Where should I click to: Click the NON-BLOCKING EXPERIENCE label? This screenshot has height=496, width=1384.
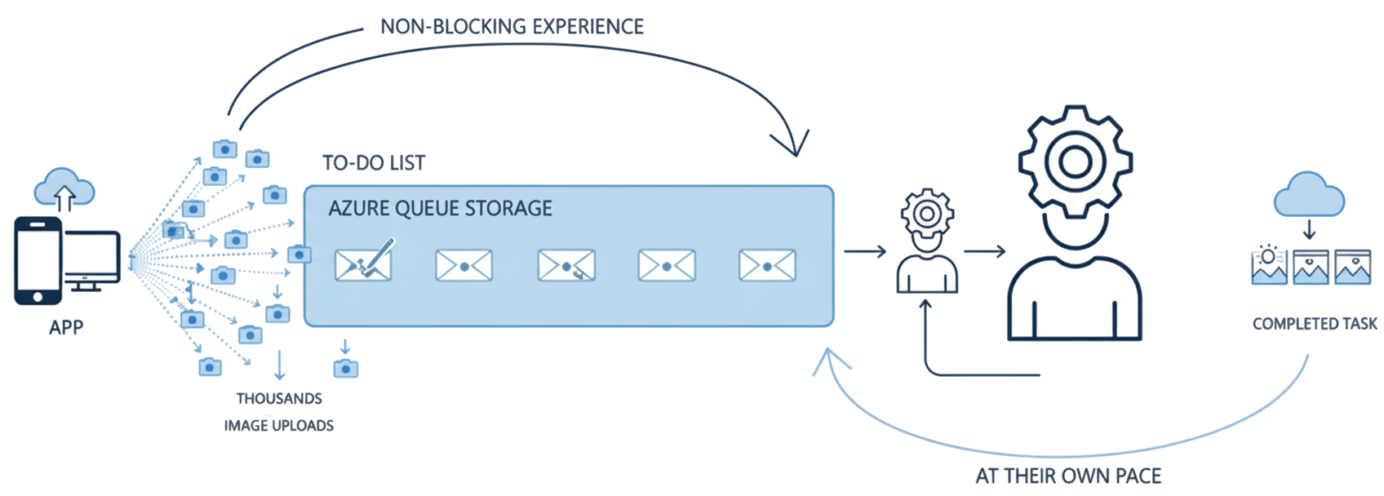pyautogui.click(x=512, y=27)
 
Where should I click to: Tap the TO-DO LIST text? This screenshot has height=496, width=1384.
pyautogui.click(x=374, y=163)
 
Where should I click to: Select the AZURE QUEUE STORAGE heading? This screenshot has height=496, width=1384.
pyautogui.click(x=440, y=209)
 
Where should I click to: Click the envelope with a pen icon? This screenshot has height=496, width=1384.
pyautogui.click(x=364, y=263)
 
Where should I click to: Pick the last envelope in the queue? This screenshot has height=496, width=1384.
pyautogui.click(x=767, y=266)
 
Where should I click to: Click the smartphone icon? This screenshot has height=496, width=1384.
pyautogui.click(x=38, y=260)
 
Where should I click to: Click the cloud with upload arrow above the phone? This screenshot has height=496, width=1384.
pyautogui.click(x=64, y=189)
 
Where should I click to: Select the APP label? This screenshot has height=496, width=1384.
pyautogui.click(x=66, y=328)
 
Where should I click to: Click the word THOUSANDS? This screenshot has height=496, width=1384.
pyautogui.click(x=279, y=399)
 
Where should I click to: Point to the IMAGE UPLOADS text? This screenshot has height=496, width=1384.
pyautogui.click(x=279, y=426)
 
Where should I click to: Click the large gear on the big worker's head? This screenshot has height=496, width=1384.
pyautogui.click(x=1075, y=162)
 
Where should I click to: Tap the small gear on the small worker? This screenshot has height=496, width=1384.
pyautogui.click(x=927, y=213)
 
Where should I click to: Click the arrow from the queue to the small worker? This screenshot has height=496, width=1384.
pyautogui.click(x=865, y=252)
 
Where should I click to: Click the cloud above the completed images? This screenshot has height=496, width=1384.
pyautogui.click(x=1309, y=196)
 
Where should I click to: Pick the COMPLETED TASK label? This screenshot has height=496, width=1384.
pyautogui.click(x=1315, y=324)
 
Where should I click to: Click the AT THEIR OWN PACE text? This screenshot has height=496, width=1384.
pyautogui.click(x=1068, y=476)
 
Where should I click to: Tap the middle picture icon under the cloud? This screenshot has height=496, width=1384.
pyautogui.click(x=1311, y=268)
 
